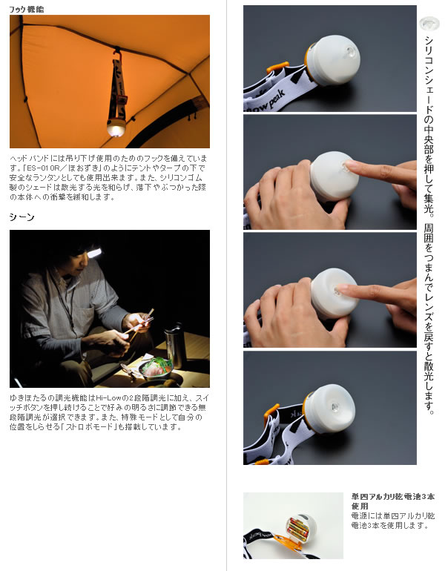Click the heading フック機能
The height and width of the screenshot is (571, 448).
click(26, 10)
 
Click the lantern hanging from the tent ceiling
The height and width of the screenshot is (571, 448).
click(116, 127)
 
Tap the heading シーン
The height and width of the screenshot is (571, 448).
click(22, 217)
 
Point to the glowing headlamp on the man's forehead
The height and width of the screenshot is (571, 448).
click(94, 253)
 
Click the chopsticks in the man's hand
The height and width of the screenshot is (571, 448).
click(139, 323)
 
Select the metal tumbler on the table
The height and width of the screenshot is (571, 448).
click(175, 346)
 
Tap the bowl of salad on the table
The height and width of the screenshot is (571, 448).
click(157, 367)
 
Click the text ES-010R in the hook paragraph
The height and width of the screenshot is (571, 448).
click(42, 168)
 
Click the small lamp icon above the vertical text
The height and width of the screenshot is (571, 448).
click(429, 24)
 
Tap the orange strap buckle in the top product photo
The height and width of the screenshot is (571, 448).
click(277, 67)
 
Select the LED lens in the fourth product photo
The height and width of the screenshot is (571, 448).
click(335, 408)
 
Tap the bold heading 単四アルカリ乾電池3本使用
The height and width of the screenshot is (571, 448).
click(393, 501)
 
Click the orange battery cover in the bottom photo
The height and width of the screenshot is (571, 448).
click(289, 541)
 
